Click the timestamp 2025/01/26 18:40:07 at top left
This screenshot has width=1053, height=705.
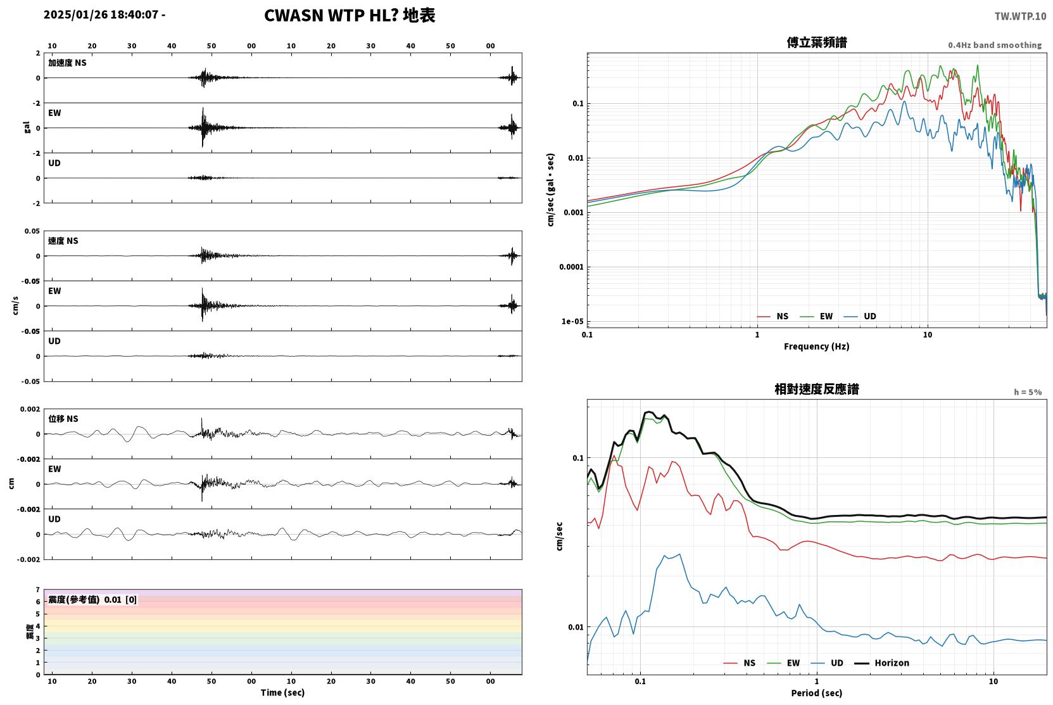(x=101, y=15)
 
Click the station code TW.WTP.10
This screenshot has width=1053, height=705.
(x=1020, y=16)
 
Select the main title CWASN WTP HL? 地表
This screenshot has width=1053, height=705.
(x=350, y=16)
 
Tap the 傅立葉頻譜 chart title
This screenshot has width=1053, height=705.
(x=817, y=43)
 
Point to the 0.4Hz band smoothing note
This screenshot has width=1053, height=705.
(x=995, y=45)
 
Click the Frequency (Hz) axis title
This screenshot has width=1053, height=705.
(x=817, y=346)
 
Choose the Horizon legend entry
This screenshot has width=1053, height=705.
(x=881, y=663)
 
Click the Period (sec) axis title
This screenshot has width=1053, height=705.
(x=817, y=693)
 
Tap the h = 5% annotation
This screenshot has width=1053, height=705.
(x=1028, y=392)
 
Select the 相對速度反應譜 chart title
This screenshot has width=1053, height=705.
(x=817, y=390)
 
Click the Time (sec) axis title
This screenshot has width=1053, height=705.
(x=282, y=692)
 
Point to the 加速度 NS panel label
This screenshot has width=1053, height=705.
(x=67, y=63)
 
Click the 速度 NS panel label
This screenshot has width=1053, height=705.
(x=63, y=241)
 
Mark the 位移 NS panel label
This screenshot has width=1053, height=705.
(x=63, y=419)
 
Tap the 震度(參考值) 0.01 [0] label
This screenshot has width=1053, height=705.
(x=92, y=600)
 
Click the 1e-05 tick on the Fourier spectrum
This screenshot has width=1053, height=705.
(x=572, y=322)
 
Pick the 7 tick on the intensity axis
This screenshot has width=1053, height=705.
(x=38, y=590)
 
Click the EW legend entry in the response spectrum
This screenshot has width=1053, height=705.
(x=783, y=663)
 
